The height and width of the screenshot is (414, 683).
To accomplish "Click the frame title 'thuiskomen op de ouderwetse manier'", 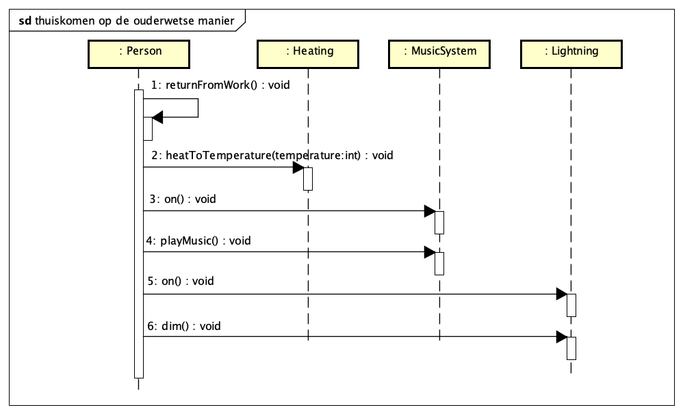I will click(134, 21).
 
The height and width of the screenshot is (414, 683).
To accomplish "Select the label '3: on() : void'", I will click(182, 199).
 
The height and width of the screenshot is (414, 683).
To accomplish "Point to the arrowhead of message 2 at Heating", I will click(298, 167).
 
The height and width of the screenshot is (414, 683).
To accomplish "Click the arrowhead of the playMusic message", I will click(429, 252).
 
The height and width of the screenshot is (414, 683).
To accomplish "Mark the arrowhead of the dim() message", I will click(561, 337).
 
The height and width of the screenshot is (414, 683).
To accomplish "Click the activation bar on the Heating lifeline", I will click(308, 179).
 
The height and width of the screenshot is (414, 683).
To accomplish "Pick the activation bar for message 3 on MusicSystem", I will click(439, 223).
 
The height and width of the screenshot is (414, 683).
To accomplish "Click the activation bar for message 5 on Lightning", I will click(571, 305).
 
